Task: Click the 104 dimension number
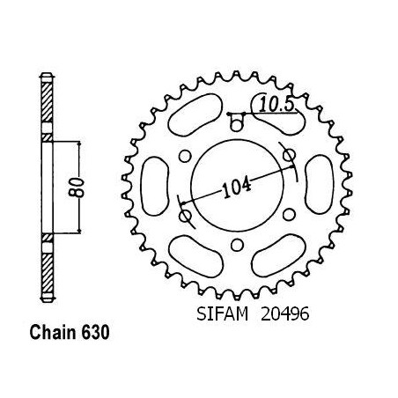pyautogui.click(x=237, y=188)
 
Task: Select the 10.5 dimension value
pyautogui.click(x=276, y=105)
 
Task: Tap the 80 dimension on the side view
pyautogui.click(x=77, y=187)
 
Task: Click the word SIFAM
pyautogui.click(x=222, y=314)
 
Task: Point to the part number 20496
pyautogui.click(x=284, y=314)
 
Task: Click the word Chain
pyautogui.click(x=53, y=333)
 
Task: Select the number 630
pyautogui.click(x=95, y=333)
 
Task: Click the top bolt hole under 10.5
pyautogui.click(x=237, y=124)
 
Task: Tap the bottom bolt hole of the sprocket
pyautogui.click(x=237, y=245)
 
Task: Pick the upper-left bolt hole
pyautogui.click(x=185, y=156)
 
